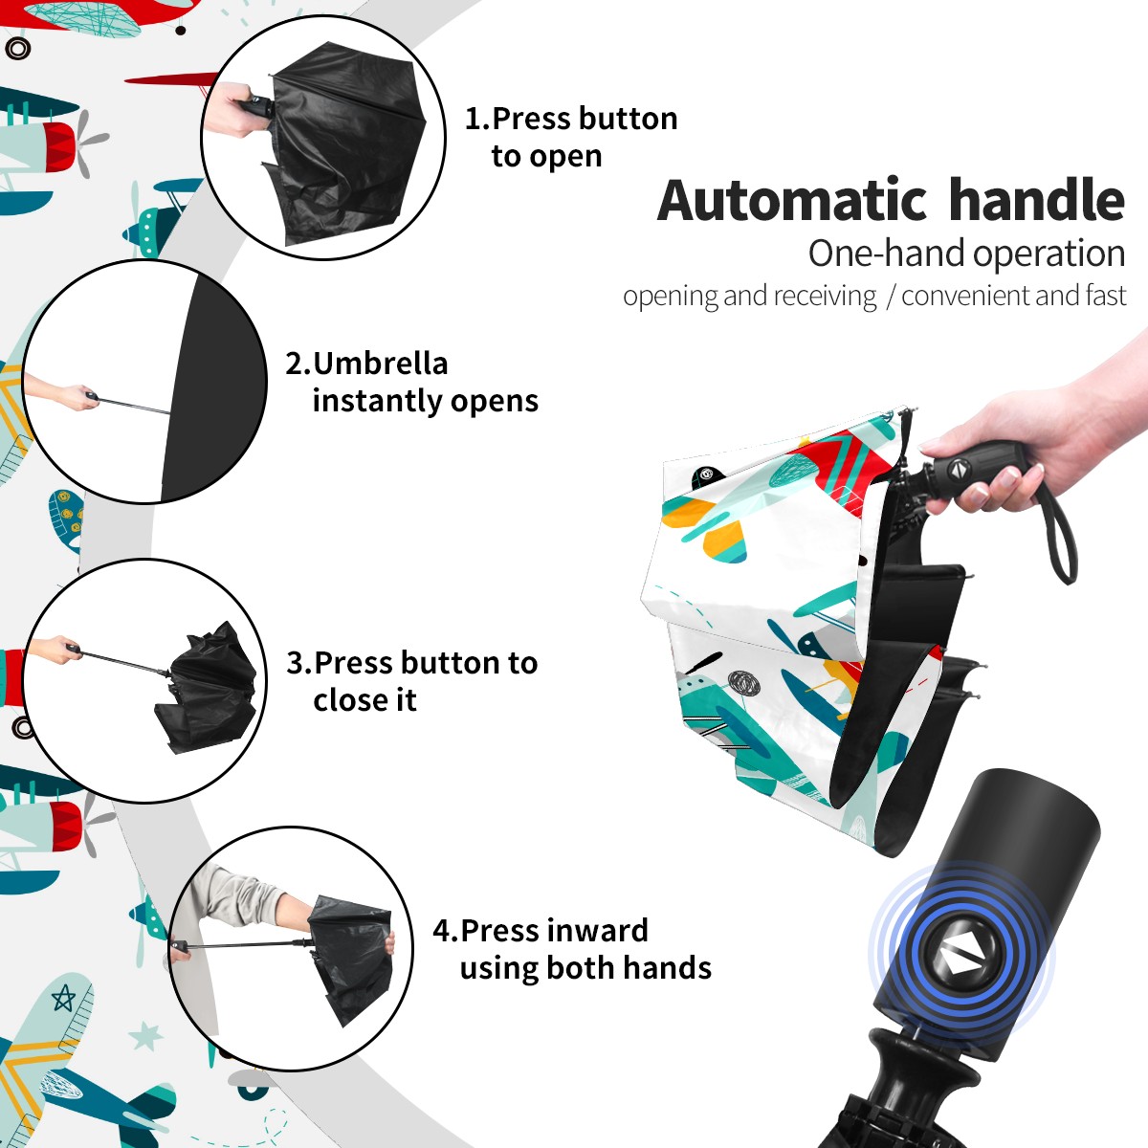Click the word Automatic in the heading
pyautogui.click(x=792, y=200)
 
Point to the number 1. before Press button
pyautogui.click(x=477, y=118)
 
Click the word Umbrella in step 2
pyautogui.click(x=380, y=363)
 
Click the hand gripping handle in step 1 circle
pyautogui.click(x=234, y=110)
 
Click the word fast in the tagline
pyautogui.click(x=1107, y=295)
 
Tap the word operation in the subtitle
pyautogui.click(x=1049, y=254)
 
